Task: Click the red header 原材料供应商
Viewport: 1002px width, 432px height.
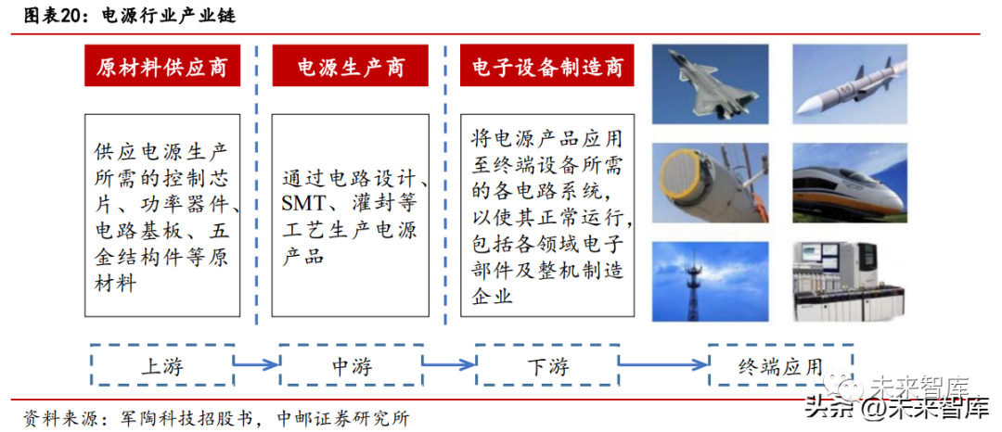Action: point(162,69)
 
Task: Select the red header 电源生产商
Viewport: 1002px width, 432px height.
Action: point(350,69)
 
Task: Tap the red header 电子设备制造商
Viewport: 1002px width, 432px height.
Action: point(547,69)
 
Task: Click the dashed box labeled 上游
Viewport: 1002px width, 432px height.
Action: point(162,365)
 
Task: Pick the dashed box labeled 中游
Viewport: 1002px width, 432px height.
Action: point(351,365)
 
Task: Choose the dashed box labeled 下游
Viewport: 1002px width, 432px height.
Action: point(546,365)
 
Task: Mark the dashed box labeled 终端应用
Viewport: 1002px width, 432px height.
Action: point(779,365)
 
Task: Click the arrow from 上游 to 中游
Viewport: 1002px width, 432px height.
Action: point(256,365)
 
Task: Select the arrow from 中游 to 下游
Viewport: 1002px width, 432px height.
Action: point(449,365)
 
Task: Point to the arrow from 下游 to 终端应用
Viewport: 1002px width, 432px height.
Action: point(662,365)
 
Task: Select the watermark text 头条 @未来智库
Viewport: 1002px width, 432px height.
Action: point(895,407)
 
